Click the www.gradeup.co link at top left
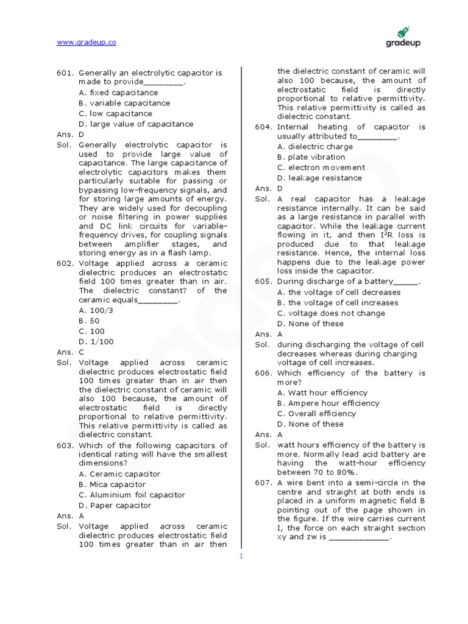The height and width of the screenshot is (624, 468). (86, 42)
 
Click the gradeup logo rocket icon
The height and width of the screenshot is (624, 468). (403, 32)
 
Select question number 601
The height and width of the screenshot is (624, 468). (65, 73)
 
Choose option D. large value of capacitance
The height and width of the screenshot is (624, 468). (136, 124)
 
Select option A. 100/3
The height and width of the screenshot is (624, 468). (96, 310)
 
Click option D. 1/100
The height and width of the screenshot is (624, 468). (96, 342)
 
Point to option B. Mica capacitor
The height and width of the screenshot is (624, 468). (112, 484)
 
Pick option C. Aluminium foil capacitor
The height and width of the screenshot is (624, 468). (132, 495)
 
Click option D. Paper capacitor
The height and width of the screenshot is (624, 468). (115, 505)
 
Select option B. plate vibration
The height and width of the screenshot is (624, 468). (311, 157)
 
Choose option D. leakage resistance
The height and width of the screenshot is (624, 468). (319, 178)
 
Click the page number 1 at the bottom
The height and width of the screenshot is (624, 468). (241, 556)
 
